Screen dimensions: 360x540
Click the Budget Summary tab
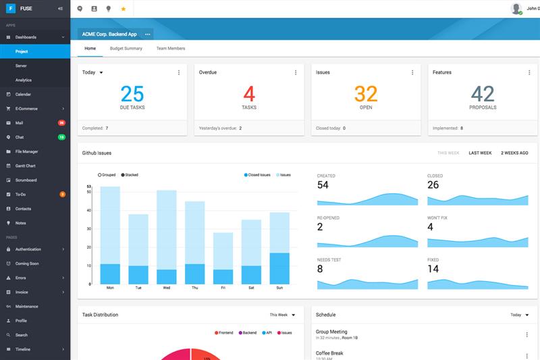point(126,49)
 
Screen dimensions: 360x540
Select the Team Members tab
point(170,49)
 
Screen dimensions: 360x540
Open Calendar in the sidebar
point(23,95)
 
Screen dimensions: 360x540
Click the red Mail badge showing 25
point(61,123)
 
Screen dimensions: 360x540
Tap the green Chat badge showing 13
point(61,137)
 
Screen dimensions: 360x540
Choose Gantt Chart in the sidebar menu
point(26,166)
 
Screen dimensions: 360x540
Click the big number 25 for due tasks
point(132,94)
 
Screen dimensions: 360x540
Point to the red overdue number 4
point(249,94)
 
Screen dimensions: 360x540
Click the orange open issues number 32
point(366,94)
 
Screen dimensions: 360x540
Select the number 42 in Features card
point(483,94)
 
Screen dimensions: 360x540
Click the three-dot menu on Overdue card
point(296,72)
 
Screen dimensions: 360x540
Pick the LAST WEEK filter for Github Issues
point(480,153)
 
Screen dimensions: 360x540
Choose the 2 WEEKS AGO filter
point(514,153)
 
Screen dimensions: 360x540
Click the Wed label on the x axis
point(166,288)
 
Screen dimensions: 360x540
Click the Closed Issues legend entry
point(256,175)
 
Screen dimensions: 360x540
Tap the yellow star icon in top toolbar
point(123,9)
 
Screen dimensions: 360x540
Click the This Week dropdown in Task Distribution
point(282,315)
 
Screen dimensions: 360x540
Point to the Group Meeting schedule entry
point(331,332)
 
